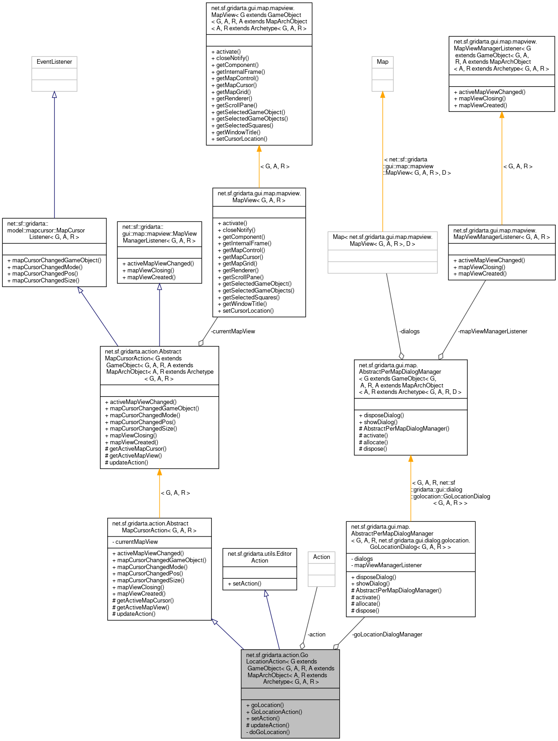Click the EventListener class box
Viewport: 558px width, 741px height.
[54, 62]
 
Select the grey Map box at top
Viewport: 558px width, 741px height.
[382, 62]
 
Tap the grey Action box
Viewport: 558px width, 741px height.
[321, 557]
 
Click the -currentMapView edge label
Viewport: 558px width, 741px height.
[233, 331]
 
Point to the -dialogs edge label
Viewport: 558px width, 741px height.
[409, 331]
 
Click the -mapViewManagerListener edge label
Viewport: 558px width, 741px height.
[493, 331]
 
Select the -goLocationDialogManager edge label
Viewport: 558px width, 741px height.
[387, 634]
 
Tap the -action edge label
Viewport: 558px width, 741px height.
[316, 634]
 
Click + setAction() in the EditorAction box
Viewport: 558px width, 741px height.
[244, 583]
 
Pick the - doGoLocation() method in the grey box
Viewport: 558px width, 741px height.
[268, 732]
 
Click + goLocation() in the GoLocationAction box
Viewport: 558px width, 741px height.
[265, 705]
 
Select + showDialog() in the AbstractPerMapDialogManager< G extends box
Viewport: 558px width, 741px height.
[378, 422]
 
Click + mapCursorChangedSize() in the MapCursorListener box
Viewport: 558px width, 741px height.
[44, 280]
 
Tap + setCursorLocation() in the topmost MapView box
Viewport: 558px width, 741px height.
[239, 138]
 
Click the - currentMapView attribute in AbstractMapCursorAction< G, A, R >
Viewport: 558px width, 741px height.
[135, 542]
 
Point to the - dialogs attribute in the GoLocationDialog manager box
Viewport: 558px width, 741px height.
[362, 559]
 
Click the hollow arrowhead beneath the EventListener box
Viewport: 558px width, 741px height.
[54, 94]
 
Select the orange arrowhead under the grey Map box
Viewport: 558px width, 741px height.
[382, 94]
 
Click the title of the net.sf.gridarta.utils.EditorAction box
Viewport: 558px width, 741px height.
[260, 557]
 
